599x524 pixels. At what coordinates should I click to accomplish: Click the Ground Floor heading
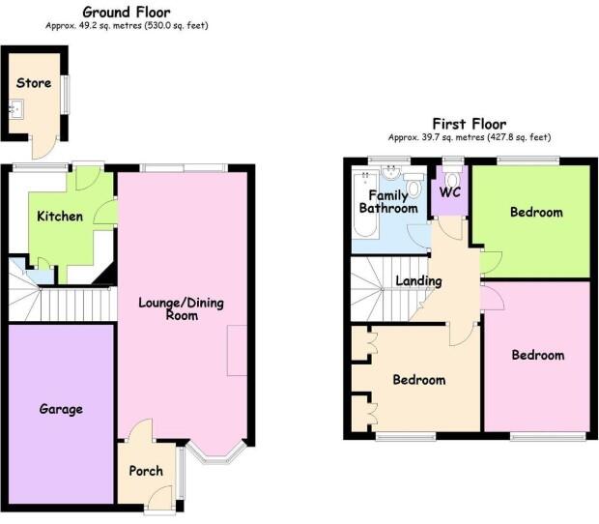127,12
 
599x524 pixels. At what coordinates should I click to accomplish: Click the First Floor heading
469,124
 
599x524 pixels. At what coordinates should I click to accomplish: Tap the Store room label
34,83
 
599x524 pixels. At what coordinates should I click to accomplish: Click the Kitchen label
60,216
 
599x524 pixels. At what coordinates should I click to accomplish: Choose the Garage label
61,409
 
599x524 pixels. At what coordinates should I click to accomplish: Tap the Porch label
146,471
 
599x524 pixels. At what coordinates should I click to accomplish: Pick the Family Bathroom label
388,201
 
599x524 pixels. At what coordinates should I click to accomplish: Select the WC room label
450,192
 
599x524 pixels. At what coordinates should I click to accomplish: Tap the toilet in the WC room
451,177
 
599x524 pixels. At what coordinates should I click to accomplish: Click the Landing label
418,281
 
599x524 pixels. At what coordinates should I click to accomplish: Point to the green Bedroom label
536,212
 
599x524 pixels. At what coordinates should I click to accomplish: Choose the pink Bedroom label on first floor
537,355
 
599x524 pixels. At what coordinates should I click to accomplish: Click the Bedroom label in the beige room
418,380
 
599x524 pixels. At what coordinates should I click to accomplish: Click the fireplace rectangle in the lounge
237,350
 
